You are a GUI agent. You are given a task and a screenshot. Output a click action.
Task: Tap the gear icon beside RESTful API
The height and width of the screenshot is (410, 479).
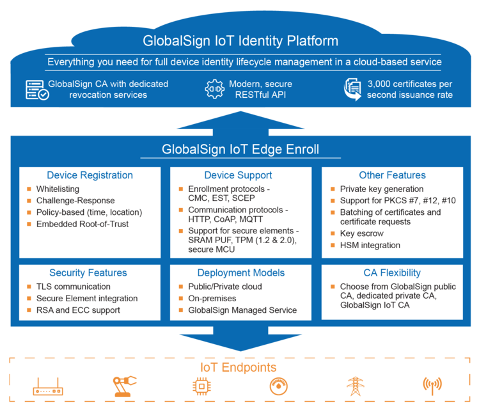coord(214,89)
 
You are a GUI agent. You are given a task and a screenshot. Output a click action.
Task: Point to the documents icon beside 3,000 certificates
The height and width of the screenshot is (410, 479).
coord(352,90)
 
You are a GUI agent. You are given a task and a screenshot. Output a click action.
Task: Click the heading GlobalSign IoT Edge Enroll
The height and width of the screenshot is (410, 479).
coord(240,150)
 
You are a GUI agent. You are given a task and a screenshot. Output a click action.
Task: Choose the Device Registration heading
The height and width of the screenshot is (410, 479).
coord(90,175)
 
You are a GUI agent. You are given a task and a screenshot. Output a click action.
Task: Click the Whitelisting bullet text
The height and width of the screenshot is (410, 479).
coord(58,189)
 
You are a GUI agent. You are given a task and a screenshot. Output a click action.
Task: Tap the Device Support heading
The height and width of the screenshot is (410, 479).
coord(238,175)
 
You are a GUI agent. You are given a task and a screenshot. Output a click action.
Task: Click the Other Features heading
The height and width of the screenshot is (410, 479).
coord(392,175)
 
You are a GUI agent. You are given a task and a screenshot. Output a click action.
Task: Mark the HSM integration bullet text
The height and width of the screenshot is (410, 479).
coord(370,245)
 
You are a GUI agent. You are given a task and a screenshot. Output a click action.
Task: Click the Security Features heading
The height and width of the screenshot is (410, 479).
coord(88,273)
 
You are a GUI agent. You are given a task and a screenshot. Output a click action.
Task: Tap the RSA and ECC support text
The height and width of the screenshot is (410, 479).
coord(78,310)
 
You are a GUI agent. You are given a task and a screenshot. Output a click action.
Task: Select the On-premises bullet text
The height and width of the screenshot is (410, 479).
coord(212,298)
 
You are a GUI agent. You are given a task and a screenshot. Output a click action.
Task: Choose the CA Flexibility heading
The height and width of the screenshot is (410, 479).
coord(392,273)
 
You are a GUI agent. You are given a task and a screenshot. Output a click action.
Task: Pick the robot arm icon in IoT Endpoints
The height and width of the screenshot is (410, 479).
coord(125,386)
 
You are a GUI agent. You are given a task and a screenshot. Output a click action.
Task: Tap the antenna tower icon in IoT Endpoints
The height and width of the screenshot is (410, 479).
coord(432,386)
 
